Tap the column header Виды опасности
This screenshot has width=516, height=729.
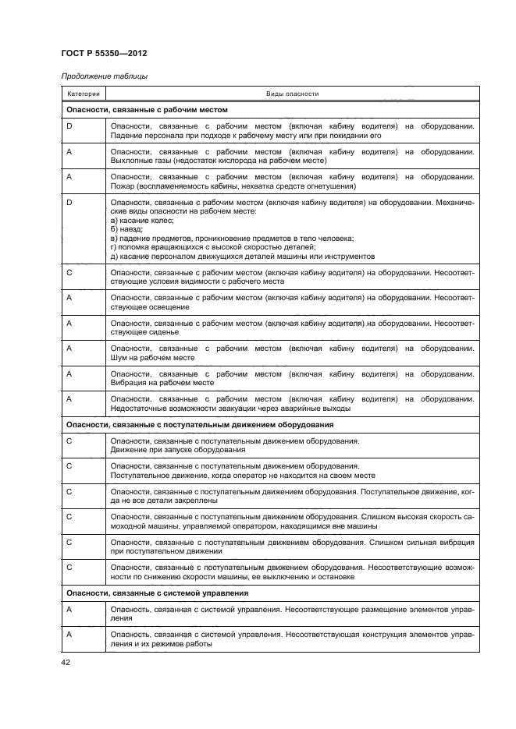[x=292, y=94]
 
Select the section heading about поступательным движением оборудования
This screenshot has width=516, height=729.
[x=200, y=425]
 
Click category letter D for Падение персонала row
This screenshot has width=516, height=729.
[x=69, y=126]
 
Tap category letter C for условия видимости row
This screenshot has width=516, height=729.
[x=69, y=272]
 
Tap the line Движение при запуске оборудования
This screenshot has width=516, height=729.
[x=179, y=450]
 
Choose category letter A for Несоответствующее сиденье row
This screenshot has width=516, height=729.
[x=69, y=322]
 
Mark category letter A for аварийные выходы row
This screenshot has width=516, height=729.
[x=69, y=398]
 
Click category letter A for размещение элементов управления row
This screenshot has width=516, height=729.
[x=69, y=609]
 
